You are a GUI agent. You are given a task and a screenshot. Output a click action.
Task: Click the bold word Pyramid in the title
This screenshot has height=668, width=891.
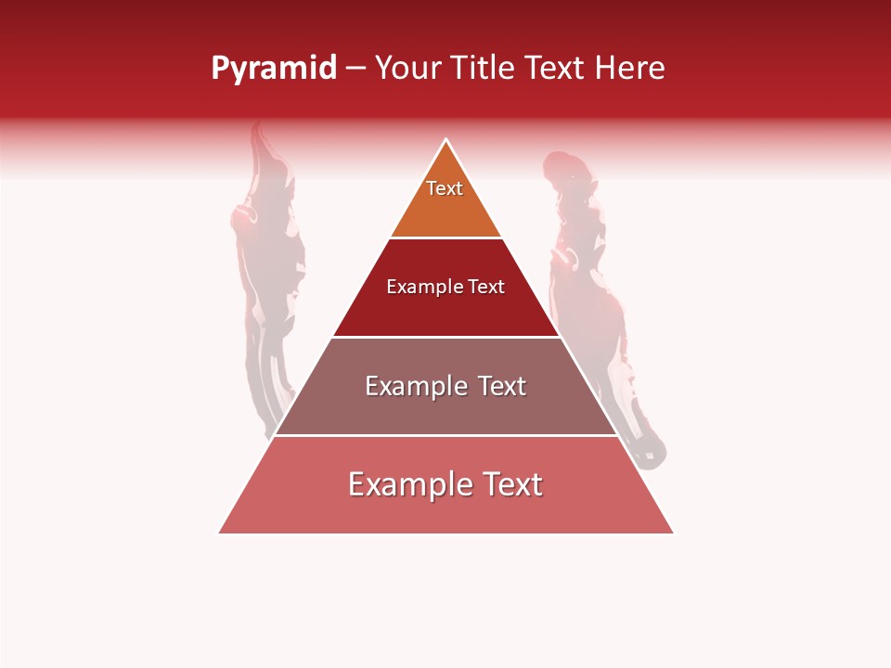click(x=273, y=69)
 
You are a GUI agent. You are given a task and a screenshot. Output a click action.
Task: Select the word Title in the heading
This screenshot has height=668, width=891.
click(x=482, y=69)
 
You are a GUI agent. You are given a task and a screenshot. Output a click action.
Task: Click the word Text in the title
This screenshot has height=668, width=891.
click(x=555, y=69)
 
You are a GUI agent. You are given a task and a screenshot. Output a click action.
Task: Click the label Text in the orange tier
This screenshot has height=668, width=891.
click(x=445, y=188)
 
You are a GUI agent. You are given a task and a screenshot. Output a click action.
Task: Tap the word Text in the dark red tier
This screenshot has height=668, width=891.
click(x=486, y=288)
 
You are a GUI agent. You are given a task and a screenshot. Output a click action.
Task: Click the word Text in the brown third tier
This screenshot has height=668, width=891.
click(x=501, y=386)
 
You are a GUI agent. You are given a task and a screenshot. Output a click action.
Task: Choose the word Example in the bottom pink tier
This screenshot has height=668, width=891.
click(x=405, y=484)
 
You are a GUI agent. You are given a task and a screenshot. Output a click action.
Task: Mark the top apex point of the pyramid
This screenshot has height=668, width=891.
click(x=446, y=140)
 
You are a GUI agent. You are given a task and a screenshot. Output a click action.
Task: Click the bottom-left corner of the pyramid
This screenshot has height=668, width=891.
click(x=220, y=533)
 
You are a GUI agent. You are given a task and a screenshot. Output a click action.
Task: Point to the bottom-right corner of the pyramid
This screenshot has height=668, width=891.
click(x=673, y=533)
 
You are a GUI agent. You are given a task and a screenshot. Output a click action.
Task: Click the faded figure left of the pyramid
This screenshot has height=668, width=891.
click(x=265, y=278)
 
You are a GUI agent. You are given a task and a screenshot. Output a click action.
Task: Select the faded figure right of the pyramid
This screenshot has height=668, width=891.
click(x=594, y=297)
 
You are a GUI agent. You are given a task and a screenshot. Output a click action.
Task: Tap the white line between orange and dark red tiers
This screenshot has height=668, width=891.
click(x=446, y=238)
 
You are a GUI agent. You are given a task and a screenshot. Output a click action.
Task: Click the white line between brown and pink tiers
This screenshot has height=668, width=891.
click(x=446, y=435)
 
